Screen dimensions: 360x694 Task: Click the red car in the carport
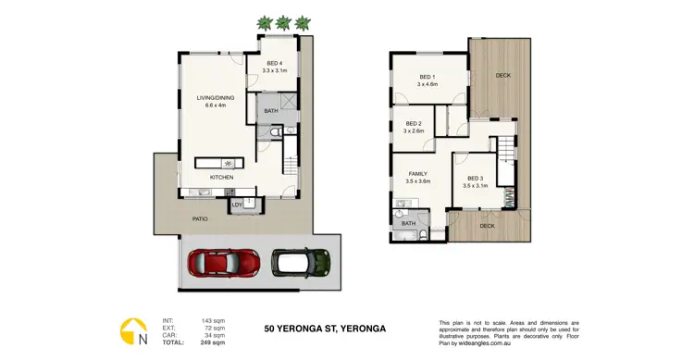[223, 264]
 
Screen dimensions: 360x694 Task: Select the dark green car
[301, 263]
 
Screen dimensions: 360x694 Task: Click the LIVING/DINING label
[211, 99]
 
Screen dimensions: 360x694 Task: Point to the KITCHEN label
[221, 177]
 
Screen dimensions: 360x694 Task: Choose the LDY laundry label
[237, 205]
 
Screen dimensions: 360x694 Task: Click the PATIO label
[200, 219]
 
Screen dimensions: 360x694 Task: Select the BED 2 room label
[413, 125]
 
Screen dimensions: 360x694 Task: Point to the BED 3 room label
[475, 180]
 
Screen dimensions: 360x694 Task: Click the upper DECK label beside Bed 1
[502, 76]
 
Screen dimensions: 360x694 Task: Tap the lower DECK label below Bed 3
[487, 225]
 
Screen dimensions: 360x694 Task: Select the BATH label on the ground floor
[270, 111]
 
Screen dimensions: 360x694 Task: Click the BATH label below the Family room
[408, 223]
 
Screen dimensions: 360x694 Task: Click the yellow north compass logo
[132, 330]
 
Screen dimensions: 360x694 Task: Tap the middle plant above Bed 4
[284, 21]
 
